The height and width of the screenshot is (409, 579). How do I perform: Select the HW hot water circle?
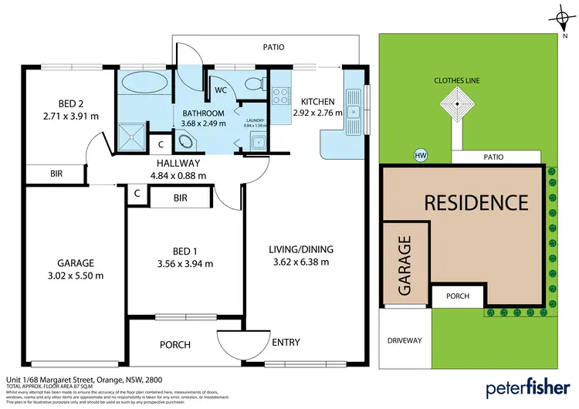tap(421, 156)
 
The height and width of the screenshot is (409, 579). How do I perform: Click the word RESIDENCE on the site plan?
tap(476, 203)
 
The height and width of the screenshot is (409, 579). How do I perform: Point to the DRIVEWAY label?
tap(403, 340)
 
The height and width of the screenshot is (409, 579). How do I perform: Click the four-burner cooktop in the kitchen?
tap(279, 96)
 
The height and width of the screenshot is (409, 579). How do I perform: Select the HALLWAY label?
tap(178, 163)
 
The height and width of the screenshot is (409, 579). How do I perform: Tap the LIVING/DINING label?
tap(300, 248)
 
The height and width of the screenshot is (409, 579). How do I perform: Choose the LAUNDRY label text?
tap(255, 120)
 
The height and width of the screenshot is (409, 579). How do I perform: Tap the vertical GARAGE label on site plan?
tap(404, 266)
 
